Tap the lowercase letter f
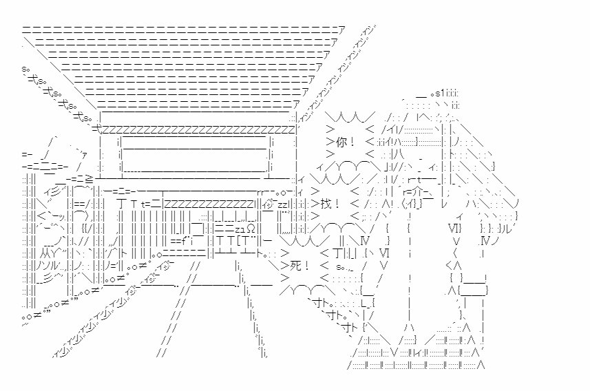(185, 241)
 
